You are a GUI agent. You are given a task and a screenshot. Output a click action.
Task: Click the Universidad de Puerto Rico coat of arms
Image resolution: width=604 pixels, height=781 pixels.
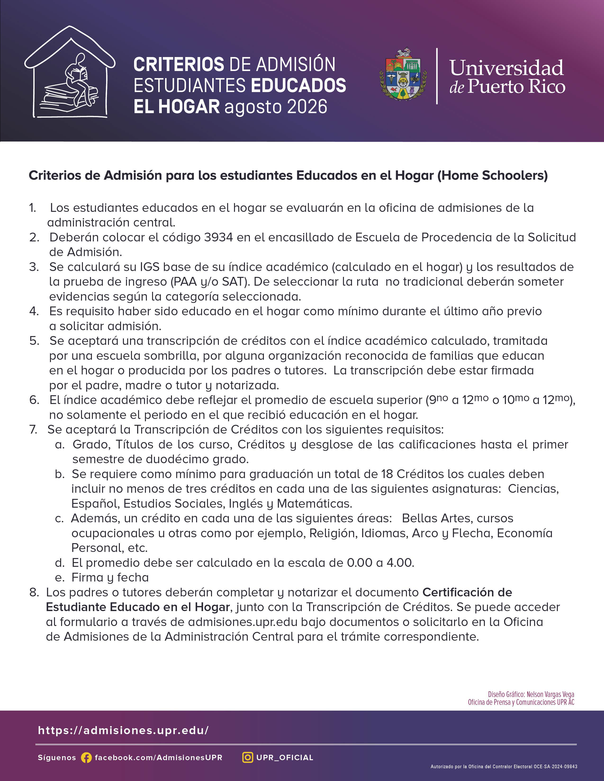point(403,75)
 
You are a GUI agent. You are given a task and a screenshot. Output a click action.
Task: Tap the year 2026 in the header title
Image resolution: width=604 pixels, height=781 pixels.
point(307,106)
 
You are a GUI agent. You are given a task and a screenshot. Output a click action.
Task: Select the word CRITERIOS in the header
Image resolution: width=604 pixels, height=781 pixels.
point(179,65)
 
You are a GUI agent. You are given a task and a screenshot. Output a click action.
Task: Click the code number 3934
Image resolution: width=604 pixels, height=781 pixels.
point(218,237)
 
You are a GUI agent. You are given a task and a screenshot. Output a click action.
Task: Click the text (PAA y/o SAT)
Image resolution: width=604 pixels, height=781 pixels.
point(210,282)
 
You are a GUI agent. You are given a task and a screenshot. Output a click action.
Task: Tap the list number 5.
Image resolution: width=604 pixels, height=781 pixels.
point(34,341)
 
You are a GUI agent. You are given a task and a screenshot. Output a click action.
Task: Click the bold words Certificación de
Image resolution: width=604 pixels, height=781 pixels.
point(467,593)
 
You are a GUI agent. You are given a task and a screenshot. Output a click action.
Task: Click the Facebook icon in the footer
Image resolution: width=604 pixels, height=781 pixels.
point(86,758)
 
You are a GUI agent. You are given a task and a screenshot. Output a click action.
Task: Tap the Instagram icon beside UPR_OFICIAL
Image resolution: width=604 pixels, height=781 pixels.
point(248,757)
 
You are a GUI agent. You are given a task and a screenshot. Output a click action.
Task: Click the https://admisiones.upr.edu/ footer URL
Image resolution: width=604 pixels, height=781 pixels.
point(123,730)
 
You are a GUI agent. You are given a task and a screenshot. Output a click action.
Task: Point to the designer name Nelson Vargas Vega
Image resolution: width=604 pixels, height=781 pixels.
point(550,694)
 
